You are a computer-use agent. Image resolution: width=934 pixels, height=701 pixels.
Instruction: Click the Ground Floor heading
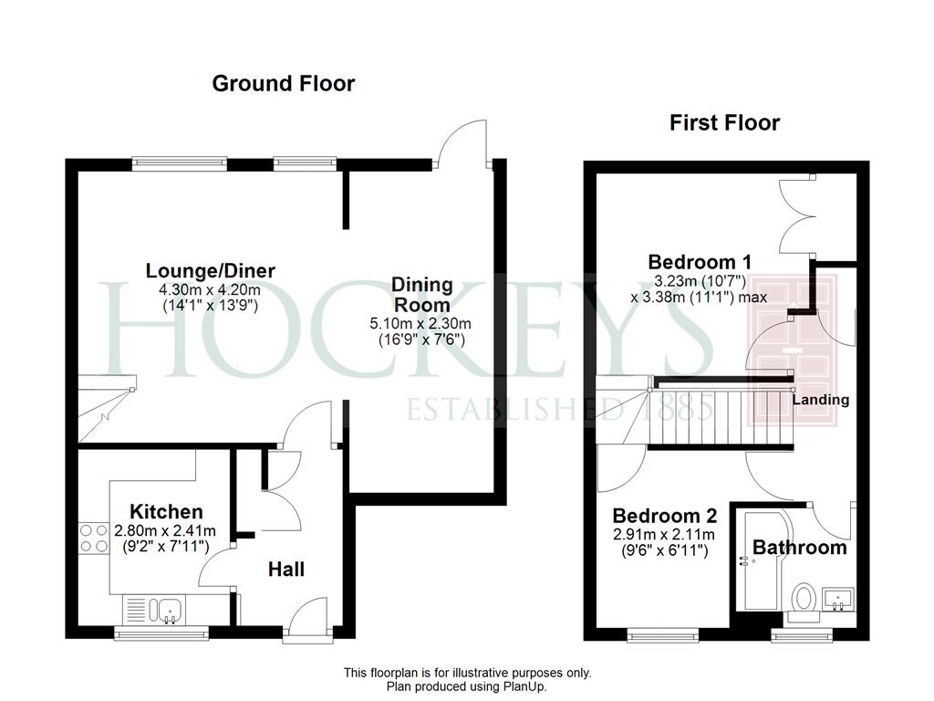[284, 83]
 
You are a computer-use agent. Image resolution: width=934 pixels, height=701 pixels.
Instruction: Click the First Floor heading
[724, 123]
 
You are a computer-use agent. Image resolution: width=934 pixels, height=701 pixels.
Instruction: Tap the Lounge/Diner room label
[211, 270]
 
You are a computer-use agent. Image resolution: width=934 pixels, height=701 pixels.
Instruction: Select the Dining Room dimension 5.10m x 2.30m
[420, 324]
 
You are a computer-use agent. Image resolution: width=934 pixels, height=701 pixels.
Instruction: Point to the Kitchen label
[166, 511]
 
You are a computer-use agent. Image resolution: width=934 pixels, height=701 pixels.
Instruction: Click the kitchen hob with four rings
[94, 539]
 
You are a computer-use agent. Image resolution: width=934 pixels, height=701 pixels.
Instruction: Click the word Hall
[285, 570]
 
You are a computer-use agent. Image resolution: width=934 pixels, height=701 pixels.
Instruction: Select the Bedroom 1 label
[700, 262]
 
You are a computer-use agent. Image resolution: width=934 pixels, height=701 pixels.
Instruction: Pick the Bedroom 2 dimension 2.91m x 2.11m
[664, 535]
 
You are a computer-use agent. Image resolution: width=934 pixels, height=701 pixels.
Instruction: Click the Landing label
[821, 400]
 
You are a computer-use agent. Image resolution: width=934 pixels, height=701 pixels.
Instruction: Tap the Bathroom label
[799, 548]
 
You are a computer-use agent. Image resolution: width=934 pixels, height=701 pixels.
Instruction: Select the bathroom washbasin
[838, 599]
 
